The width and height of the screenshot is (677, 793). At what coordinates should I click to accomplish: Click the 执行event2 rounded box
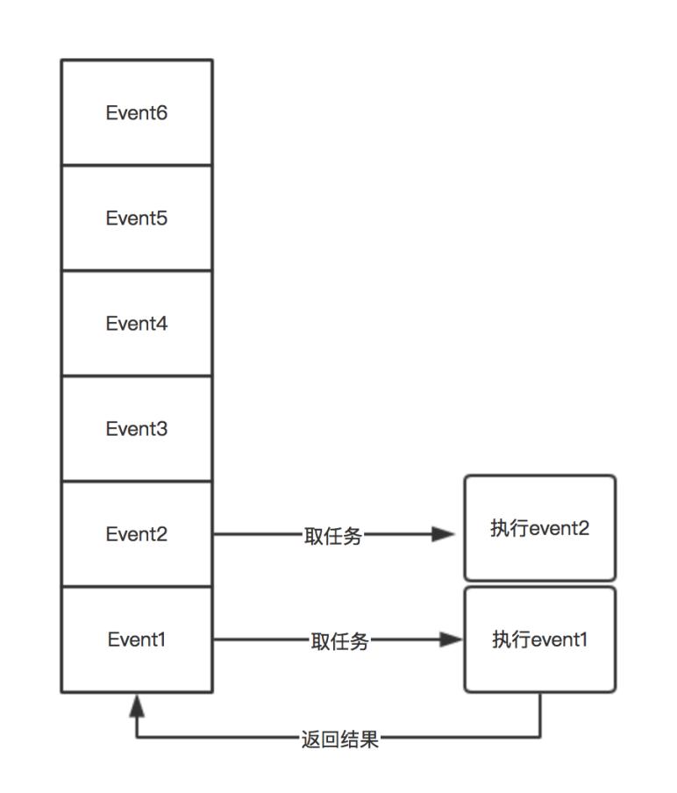(x=539, y=528)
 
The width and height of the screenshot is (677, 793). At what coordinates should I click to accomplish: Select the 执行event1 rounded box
(x=539, y=639)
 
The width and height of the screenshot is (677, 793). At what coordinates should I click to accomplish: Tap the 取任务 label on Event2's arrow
(x=333, y=536)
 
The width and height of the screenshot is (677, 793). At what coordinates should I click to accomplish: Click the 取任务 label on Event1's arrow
(x=339, y=641)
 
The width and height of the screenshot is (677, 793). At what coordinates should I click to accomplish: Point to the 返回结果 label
(x=339, y=739)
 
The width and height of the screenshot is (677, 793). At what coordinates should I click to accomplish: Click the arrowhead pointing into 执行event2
(x=445, y=534)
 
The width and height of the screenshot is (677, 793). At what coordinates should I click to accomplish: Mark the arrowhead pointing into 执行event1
(x=451, y=639)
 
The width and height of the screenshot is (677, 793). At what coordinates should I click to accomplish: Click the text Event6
(x=137, y=113)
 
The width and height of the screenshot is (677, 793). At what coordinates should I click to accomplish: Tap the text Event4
(x=137, y=324)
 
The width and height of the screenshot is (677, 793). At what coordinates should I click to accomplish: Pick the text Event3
(x=137, y=429)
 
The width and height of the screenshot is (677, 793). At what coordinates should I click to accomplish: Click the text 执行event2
(x=539, y=528)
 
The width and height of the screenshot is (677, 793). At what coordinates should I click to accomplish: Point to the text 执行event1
(x=539, y=639)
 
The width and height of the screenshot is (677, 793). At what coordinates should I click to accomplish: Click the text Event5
(x=137, y=218)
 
